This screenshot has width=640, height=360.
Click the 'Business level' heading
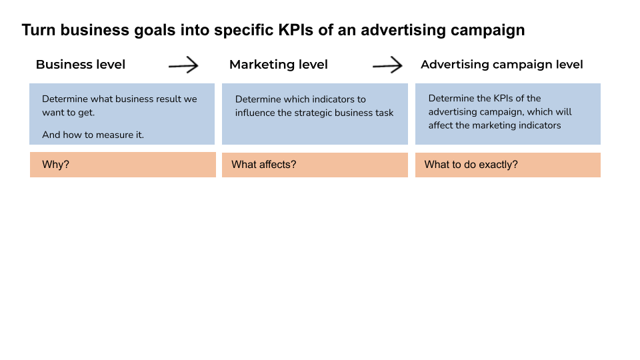(81, 65)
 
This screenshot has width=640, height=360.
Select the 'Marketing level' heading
(279, 65)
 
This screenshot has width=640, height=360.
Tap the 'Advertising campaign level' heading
(501, 65)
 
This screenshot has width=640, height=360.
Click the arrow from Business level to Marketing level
(183, 65)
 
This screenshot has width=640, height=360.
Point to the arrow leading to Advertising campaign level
(387, 65)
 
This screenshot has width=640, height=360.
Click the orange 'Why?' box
(123, 165)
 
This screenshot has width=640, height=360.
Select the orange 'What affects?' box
(315, 165)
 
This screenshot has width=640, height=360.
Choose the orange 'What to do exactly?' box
(508, 165)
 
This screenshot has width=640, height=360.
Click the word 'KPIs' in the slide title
(296, 30)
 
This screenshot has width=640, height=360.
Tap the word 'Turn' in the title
(39, 30)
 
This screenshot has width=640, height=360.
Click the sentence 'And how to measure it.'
(93, 135)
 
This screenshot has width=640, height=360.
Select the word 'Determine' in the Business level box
(65, 99)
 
